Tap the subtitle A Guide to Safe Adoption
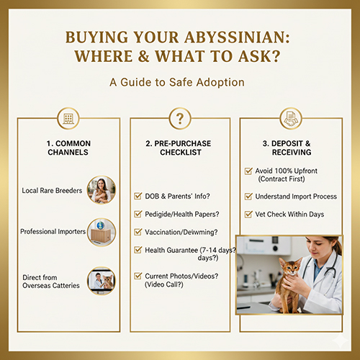(x=177, y=82)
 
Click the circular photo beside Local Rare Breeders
(x=101, y=189)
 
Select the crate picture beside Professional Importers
(x=101, y=232)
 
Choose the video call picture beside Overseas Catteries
(x=101, y=281)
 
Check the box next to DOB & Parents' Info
(x=139, y=195)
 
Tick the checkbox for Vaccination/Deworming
(x=139, y=232)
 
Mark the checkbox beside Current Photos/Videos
(x=139, y=276)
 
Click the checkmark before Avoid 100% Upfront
(x=249, y=171)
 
